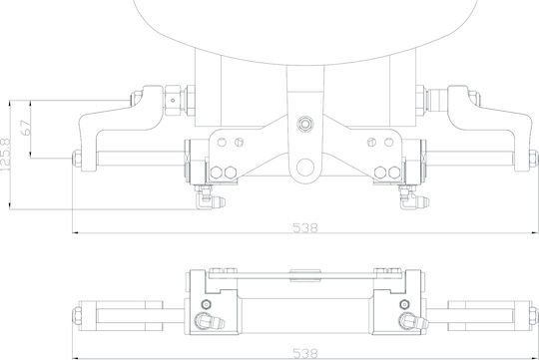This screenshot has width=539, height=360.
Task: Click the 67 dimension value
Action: click(x=25, y=128)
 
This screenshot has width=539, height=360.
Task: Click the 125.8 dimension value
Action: click(x=5, y=155)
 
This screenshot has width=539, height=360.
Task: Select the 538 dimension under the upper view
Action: click(x=305, y=227)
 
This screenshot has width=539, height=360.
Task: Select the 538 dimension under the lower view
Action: click(x=305, y=353)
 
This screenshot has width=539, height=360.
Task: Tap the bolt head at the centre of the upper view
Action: click(x=305, y=124)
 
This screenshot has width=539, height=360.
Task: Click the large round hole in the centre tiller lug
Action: click(x=305, y=168)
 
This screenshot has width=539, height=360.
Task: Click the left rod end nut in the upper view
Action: click(x=76, y=159)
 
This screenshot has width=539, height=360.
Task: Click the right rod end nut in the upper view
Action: click(x=533, y=159)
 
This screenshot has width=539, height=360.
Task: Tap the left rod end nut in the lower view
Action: click(x=77, y=315)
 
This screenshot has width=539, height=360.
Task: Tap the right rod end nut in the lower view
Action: click(x=533, y=315)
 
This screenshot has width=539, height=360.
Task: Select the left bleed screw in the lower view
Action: click(x=206, y=304)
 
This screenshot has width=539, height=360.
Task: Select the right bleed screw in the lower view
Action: click(x=404, y=304)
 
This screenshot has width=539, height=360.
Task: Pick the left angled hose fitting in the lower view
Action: click(x=210, y=321)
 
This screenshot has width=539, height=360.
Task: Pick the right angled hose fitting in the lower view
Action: click(x=413, y=321)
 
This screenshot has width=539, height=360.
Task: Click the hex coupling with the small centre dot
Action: click(x=173, y=101)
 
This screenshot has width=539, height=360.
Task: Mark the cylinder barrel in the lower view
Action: click(x=305, y=315)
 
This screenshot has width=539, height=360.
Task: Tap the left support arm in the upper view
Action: click(x=121, y=128)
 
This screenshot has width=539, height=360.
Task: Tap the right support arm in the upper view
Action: click(x=489, y=128)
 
